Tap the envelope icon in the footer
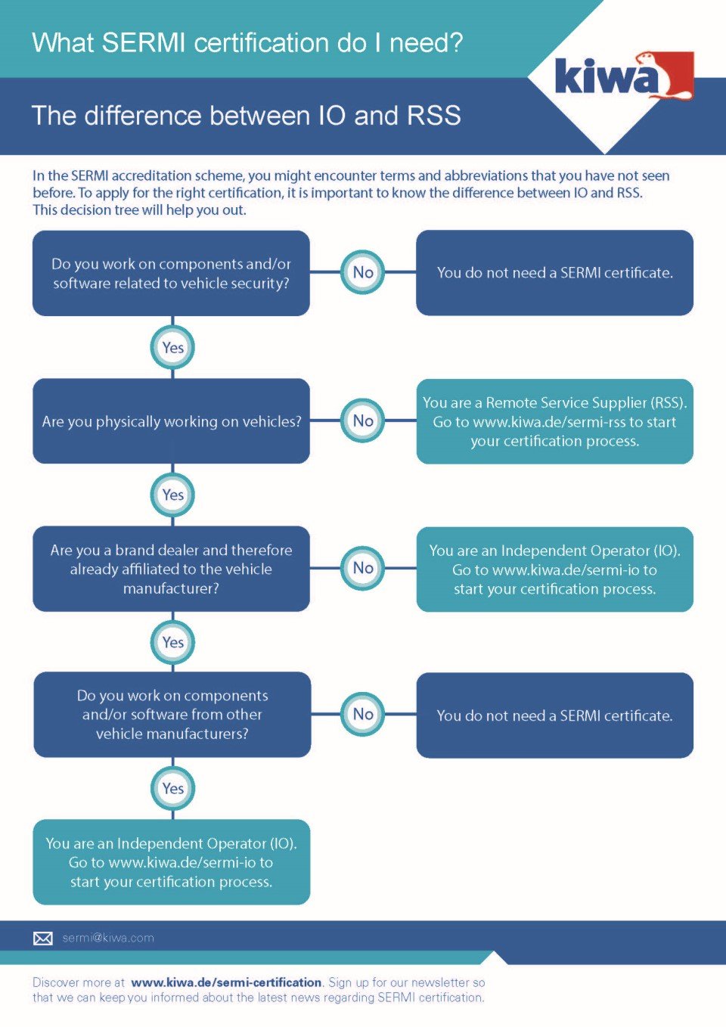(43, 938)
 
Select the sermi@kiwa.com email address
(108, 938)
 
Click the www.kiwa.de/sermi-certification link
(226, 982)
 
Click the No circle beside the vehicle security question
(363, 272)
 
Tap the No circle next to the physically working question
(363, 420)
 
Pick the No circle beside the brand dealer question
(363, 568)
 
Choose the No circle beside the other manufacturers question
(363, 714)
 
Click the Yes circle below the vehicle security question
(172, 348)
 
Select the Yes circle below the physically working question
(172, 495)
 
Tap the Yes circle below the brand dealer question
(172, 642)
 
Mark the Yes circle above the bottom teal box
(172, 788)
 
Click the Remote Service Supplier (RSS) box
(554, 421)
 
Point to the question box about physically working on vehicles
(171, 421)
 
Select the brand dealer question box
(171, 569)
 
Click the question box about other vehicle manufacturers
(172, 715)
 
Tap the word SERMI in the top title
(143, 43)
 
